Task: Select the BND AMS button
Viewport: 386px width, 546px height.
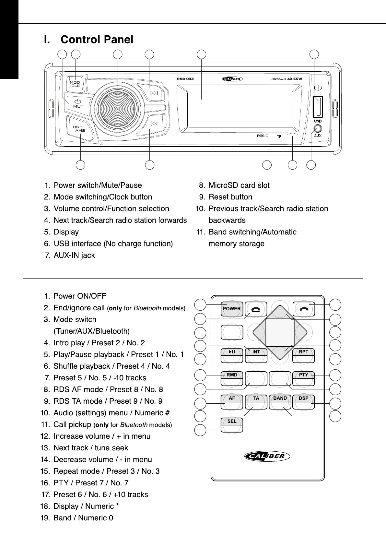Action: (x=79, y=128)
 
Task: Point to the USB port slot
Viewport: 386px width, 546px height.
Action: (x=318, y=106)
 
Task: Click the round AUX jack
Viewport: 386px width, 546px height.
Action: (x=318, y=128)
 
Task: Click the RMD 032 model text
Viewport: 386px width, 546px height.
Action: (x=185, y=79)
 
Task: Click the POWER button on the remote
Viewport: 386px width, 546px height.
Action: (x=232, y=309)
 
